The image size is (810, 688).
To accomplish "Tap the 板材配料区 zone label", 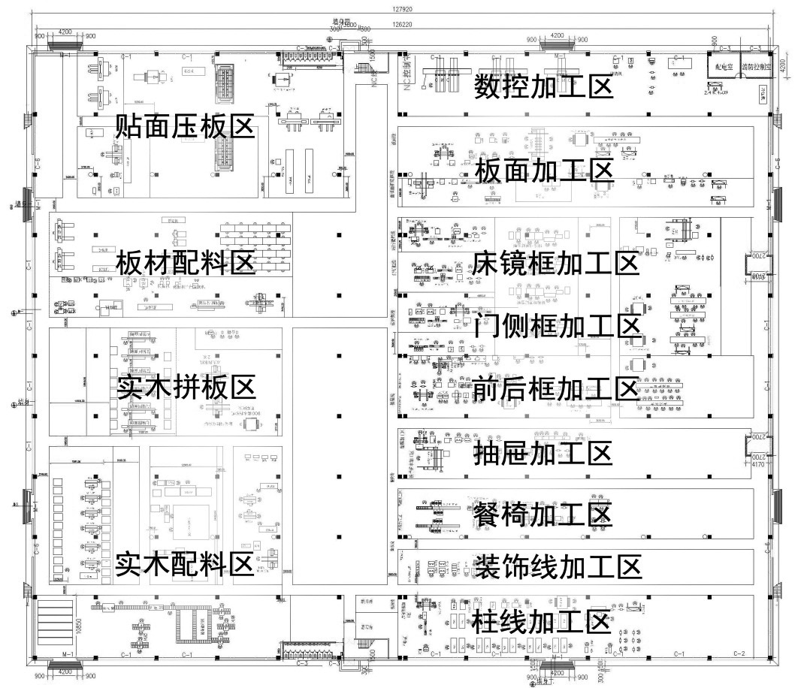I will point(185,264).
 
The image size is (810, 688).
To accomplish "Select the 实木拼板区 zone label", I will point(186,388).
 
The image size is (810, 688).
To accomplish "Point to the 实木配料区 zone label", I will point(185,565).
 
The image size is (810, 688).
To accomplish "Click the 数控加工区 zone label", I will point(543,88).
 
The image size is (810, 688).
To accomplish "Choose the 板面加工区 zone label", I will point(544,170).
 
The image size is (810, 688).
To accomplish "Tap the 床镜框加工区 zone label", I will point(556,264).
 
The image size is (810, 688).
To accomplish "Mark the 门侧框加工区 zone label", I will point(558,327).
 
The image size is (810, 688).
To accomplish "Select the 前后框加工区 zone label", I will point(556,389).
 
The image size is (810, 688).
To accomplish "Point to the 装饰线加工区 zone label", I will point(558,567).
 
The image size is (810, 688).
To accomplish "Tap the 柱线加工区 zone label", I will point(540,622).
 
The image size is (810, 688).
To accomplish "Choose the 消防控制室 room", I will point(757,66).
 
